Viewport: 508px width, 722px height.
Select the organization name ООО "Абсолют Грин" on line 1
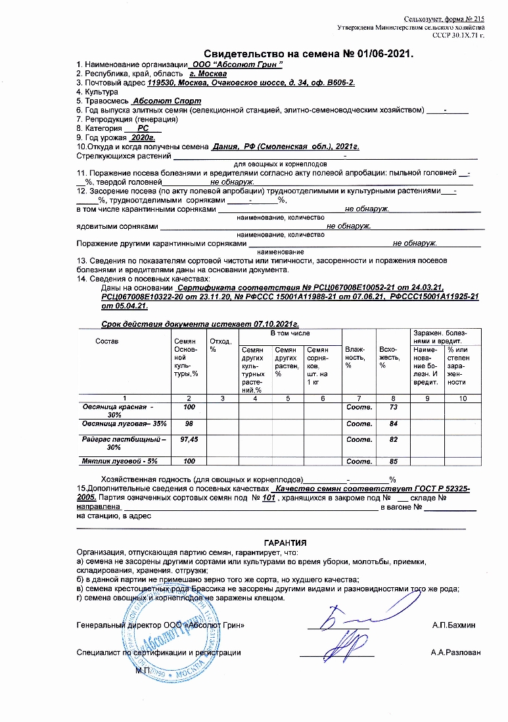235,64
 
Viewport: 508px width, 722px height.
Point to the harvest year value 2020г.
141,137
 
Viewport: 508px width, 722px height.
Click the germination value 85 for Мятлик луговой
394,462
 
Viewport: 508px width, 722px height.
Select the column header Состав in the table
106,341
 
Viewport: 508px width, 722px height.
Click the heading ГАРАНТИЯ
285,543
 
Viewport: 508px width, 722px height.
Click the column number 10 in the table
463,398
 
